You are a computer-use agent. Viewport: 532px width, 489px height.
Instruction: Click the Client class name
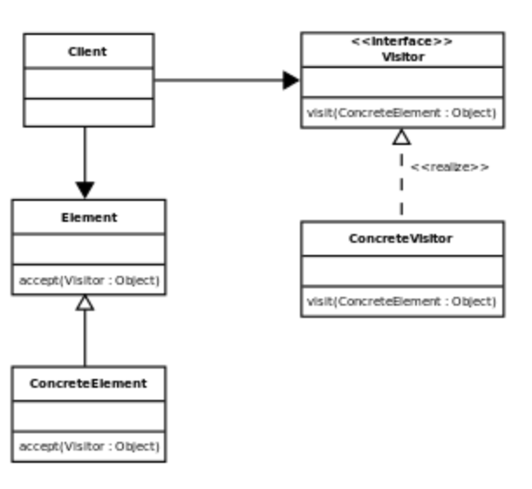tap(87, 52)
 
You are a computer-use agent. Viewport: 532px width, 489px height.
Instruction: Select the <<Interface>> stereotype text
tap(402, 40)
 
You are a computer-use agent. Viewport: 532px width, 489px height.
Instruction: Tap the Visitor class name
tap(402, 56)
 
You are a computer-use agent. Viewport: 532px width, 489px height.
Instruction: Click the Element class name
tap(88, 217)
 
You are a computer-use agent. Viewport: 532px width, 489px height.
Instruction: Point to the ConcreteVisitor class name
tap(401, 238)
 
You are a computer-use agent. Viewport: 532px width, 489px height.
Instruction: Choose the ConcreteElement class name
tap(88, 383)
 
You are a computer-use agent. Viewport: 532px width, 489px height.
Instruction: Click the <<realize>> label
tap(449, 167)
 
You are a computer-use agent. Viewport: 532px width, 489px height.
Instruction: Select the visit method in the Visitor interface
tap(402, 113)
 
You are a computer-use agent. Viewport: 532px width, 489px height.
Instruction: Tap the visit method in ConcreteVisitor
tap(402, 302)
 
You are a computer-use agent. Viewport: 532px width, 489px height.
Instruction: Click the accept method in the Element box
tap(88, 280)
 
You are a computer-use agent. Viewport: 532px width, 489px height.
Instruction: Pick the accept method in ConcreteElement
tap(88, 446)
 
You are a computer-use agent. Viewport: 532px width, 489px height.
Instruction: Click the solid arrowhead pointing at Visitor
tap(290, 81)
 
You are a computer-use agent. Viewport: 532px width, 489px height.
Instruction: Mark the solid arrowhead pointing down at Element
tap(85, 189)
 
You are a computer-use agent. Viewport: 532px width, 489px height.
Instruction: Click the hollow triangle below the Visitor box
tap(401, 136)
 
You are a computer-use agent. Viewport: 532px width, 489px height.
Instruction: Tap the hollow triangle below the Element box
tap(85, 303)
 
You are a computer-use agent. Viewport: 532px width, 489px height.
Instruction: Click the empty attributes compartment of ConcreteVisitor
tap(402, 271)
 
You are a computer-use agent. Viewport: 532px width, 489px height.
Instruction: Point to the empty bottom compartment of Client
tap(87, 112)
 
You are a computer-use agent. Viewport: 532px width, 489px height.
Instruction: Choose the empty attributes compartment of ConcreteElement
tap(88, 416)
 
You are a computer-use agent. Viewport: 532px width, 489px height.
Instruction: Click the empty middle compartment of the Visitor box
tap(402, 82)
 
